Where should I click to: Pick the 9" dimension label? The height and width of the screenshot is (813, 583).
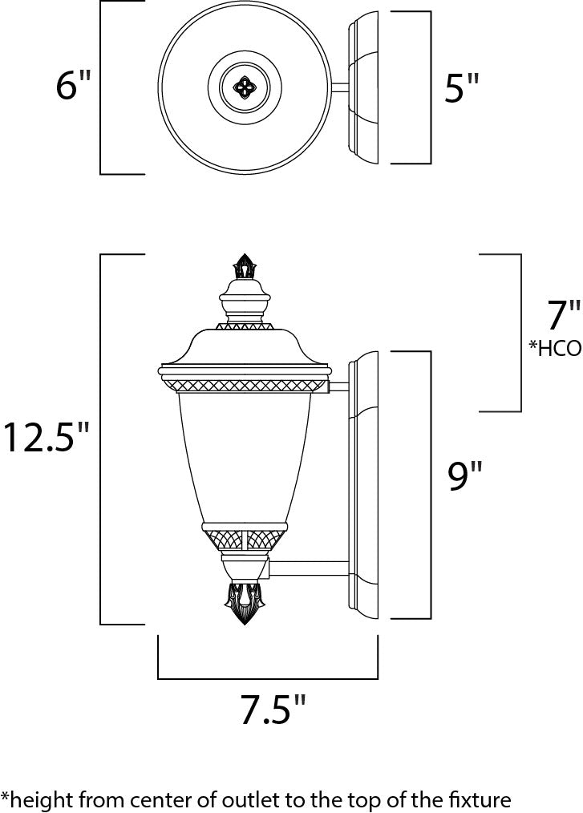tap(464, 478)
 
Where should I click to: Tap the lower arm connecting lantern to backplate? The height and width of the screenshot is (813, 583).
tap(308, 568)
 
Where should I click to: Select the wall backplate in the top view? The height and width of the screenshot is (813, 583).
tap(364, 88)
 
